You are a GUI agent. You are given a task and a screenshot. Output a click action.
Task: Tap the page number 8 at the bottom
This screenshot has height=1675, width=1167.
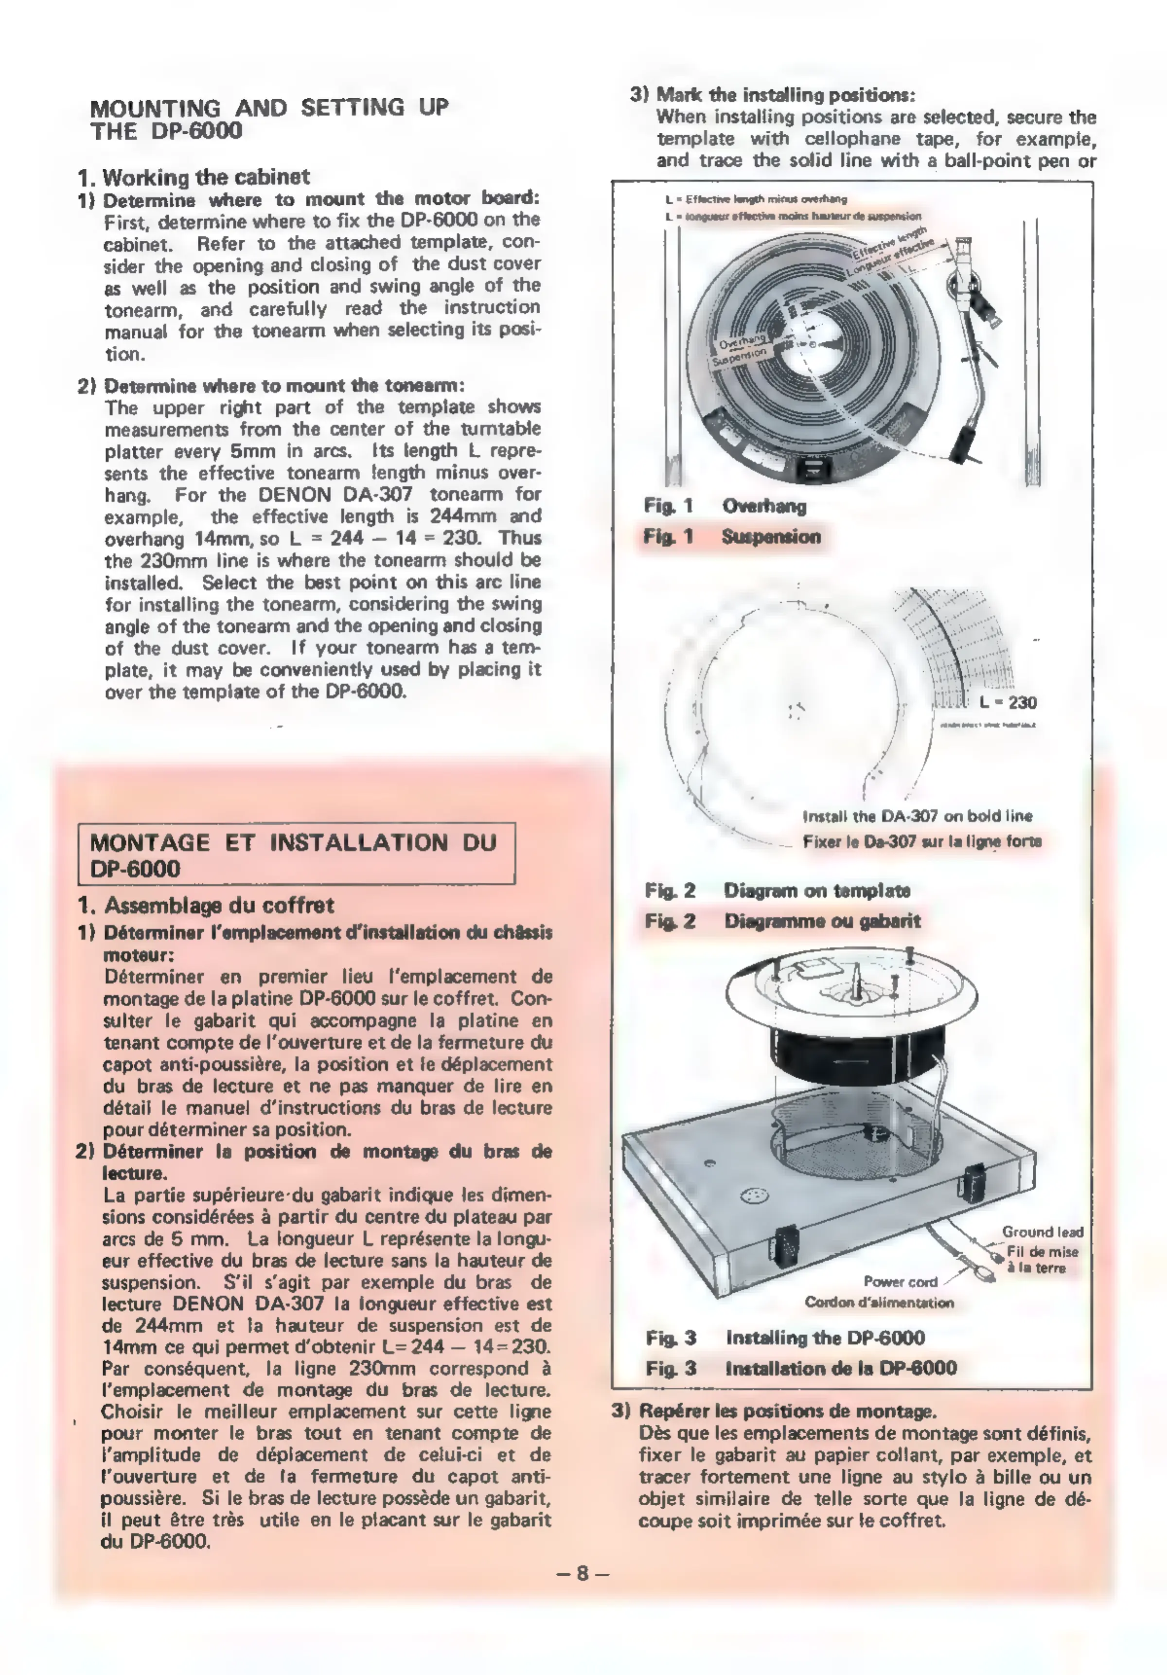pos(582,1574)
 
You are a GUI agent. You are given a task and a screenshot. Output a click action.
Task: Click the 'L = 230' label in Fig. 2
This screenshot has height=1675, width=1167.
pos(1008,702)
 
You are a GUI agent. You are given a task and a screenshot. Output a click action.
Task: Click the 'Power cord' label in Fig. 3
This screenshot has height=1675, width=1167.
pos(900,1282)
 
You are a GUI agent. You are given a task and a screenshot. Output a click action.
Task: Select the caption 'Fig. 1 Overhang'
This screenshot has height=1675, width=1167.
pos(725,506)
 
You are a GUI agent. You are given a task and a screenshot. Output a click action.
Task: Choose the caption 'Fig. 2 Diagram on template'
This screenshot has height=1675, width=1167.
pos(778,890)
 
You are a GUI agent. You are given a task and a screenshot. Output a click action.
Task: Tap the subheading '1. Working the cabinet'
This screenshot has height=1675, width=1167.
pos(194,177)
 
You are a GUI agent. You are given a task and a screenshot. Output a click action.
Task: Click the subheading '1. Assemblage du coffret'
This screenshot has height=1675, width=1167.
pos(206,906)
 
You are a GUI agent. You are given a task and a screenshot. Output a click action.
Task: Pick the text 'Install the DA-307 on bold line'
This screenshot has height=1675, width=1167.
pos(917,816)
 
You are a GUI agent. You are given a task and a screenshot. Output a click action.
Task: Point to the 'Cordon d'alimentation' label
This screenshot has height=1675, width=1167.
pos(879,1302)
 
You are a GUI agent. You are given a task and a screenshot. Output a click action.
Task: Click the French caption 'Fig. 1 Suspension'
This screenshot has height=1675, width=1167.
pos(732,537)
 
